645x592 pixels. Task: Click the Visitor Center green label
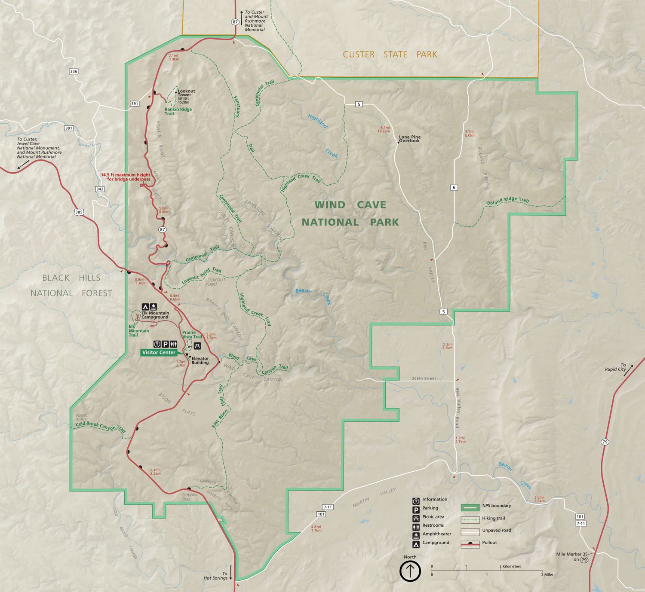159,353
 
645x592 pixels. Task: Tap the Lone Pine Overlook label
409,139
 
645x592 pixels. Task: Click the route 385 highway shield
79,212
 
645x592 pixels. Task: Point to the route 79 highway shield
605,442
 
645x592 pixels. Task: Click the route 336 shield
74,71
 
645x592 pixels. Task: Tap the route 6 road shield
454,187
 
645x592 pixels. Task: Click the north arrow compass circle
410,571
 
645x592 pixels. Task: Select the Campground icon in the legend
416,543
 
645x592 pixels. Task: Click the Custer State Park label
390,55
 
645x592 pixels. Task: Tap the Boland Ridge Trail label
508,201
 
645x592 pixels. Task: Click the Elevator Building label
200,360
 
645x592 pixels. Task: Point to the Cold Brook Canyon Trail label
101,426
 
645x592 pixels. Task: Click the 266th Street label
424,378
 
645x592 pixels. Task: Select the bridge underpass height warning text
125,177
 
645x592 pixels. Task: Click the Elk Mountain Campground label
155,315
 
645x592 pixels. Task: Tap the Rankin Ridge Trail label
178,111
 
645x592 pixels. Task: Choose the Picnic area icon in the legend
416,517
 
